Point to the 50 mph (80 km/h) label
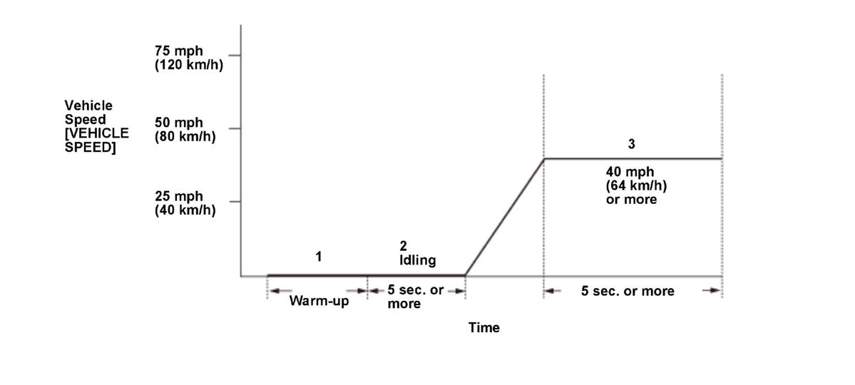pos(185,130)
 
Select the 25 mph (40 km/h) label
pos(185,202)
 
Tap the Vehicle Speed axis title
pos(96,126)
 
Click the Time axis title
pos(484,328)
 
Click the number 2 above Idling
pos(403,246)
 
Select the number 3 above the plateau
pos(631,144)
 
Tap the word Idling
pos(417,260)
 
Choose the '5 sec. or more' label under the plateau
pos(628,291)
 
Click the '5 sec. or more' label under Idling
pos(416,297)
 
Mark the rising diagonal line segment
pos(504,217)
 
